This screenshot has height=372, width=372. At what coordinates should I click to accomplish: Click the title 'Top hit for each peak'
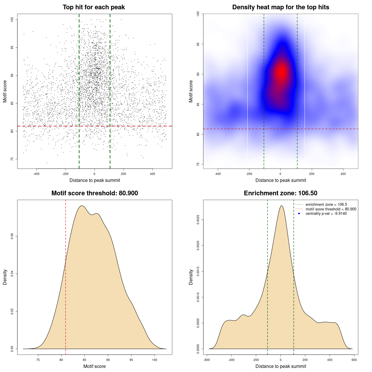coord(94,7)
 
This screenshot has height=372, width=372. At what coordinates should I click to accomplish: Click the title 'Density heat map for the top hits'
coord(280,7)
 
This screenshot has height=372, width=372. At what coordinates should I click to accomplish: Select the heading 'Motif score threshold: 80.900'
coord(94,193)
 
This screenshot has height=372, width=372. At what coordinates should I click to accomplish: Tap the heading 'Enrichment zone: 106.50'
coord(280,193)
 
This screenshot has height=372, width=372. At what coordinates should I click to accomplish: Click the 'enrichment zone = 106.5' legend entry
coord(326,205)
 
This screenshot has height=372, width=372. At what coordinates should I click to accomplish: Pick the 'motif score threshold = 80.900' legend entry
coord(331,209)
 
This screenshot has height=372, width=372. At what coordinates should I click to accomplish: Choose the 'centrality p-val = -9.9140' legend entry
coord(326,214)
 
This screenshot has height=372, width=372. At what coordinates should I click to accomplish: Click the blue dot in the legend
coord(299,214)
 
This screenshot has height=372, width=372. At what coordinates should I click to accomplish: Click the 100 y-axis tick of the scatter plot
coord(12,19)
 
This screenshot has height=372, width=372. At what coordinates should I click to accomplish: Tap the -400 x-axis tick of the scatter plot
coord(36,174)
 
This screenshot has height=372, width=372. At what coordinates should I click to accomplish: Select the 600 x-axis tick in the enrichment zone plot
coord(354,360)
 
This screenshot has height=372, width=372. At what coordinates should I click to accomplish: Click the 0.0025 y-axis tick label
coord(198,220)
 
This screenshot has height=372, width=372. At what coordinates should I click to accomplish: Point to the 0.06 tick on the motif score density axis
coord(12,236)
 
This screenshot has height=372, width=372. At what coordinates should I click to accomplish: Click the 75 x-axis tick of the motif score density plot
coord(38,360)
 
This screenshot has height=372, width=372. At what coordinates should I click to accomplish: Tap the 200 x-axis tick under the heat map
coord(312,174)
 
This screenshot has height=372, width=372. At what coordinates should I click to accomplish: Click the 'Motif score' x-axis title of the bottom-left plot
coord(94,366)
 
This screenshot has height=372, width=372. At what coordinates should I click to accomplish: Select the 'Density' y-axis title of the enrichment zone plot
coord(191,277)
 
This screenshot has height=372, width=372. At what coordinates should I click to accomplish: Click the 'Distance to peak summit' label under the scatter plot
coord(95,180)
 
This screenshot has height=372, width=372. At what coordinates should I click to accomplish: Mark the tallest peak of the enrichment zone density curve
coord(281,206)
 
